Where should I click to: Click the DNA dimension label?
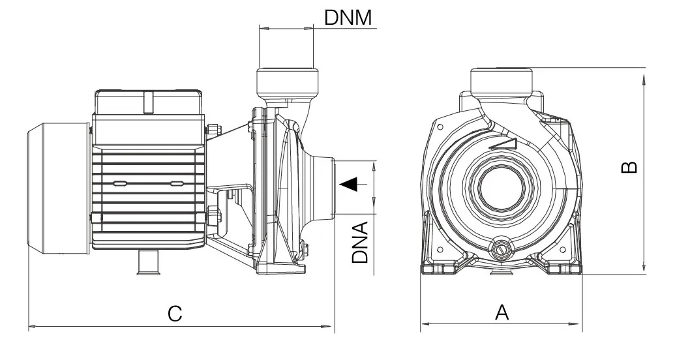point(360,242)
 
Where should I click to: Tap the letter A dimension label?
point(501,312)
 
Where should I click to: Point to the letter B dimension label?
point(629,168)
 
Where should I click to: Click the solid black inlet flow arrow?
point(350,185)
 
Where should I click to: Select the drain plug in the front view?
point(501,248)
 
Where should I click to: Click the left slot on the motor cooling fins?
point(120,184)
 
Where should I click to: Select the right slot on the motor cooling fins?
point(177,184)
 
